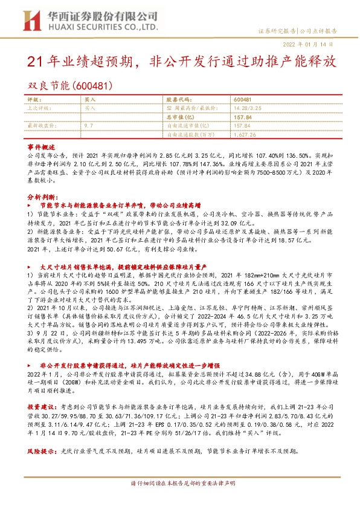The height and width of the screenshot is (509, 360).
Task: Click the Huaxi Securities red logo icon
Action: click(x=32, y=19)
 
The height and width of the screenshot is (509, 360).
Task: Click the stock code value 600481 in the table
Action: click(x=243, y=99)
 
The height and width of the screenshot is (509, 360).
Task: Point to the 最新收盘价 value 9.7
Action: click(x=89, y=126)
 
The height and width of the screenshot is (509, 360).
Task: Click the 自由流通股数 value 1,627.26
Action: click(x=245, y=135)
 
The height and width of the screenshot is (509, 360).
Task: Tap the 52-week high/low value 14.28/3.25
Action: click(x=246, y=108)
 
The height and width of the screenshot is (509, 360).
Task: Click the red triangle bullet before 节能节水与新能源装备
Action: click(x=31, y=206)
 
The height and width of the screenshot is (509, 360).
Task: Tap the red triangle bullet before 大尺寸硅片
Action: click(x=31, y=265)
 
